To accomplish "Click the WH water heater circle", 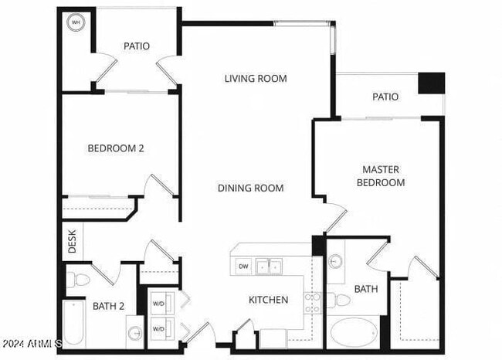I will (x=76, y=23).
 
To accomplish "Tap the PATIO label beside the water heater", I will (x=137, y=46).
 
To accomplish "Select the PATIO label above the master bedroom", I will (x=385, y=97).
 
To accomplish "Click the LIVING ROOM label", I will (x=256, y=78).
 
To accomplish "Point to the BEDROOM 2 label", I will (x=116, y=148).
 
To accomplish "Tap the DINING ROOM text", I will (x=250, y=188).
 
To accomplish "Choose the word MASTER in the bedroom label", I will (x=384, y=169).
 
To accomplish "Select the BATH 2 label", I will (x=108, y=306).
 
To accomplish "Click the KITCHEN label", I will (x=268, y=300).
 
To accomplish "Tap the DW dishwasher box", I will (x=243, y=267).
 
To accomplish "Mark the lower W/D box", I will (x=158, y=328).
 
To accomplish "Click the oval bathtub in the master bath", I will (x=354, y=335).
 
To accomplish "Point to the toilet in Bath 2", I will (x=75, y=281).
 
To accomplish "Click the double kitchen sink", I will (x=269, y=267).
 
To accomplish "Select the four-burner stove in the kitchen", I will (x=313, y=303).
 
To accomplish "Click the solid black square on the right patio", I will (x=432, y=83).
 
